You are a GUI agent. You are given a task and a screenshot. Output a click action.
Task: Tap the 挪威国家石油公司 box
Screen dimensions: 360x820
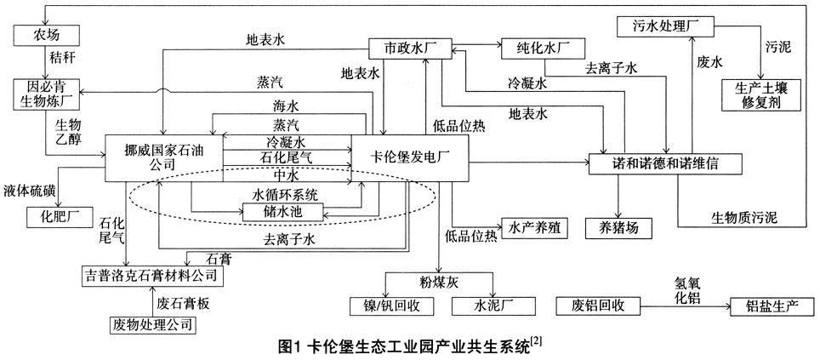[163, 157]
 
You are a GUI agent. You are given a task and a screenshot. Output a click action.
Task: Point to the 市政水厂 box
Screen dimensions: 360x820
[408, 49]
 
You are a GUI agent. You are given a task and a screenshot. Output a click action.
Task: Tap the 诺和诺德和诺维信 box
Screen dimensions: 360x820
[659, 162]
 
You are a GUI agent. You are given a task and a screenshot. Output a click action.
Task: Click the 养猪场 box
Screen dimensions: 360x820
[618, 228]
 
